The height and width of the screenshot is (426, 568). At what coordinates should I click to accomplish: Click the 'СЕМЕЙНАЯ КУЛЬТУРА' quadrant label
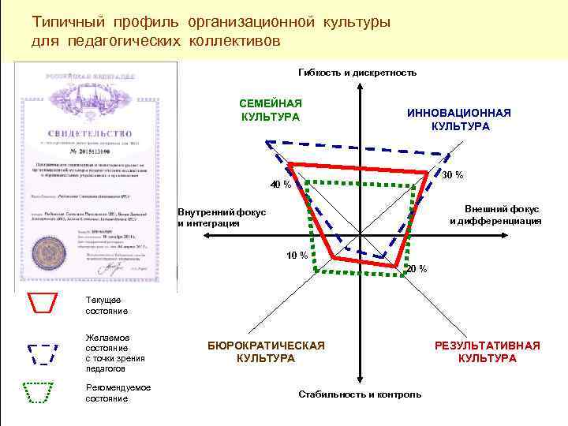(271, 110)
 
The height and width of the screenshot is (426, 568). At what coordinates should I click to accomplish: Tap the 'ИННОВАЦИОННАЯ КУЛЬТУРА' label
(459, 120)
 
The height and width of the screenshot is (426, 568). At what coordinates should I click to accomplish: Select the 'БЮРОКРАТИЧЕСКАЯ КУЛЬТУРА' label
(266, 352)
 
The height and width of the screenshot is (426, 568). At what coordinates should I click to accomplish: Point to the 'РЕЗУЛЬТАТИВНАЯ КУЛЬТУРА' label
(488, 352)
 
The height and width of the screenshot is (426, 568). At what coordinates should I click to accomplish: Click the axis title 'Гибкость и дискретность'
(357, 73)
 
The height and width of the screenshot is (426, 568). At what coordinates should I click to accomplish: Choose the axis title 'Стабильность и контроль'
(360, 394)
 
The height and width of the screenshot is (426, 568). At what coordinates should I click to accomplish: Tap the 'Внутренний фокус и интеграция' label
(222, 218)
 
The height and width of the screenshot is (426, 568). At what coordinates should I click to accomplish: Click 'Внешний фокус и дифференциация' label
(495, 215)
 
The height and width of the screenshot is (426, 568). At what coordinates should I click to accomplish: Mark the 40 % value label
(281, 185)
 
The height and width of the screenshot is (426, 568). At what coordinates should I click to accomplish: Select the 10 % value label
(297, 255)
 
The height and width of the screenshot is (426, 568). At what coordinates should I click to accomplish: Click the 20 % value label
(416, 269)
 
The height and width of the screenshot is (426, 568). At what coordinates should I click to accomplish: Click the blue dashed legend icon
(43, 353)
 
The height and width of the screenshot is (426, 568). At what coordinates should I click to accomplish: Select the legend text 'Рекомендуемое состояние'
(118, 393)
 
